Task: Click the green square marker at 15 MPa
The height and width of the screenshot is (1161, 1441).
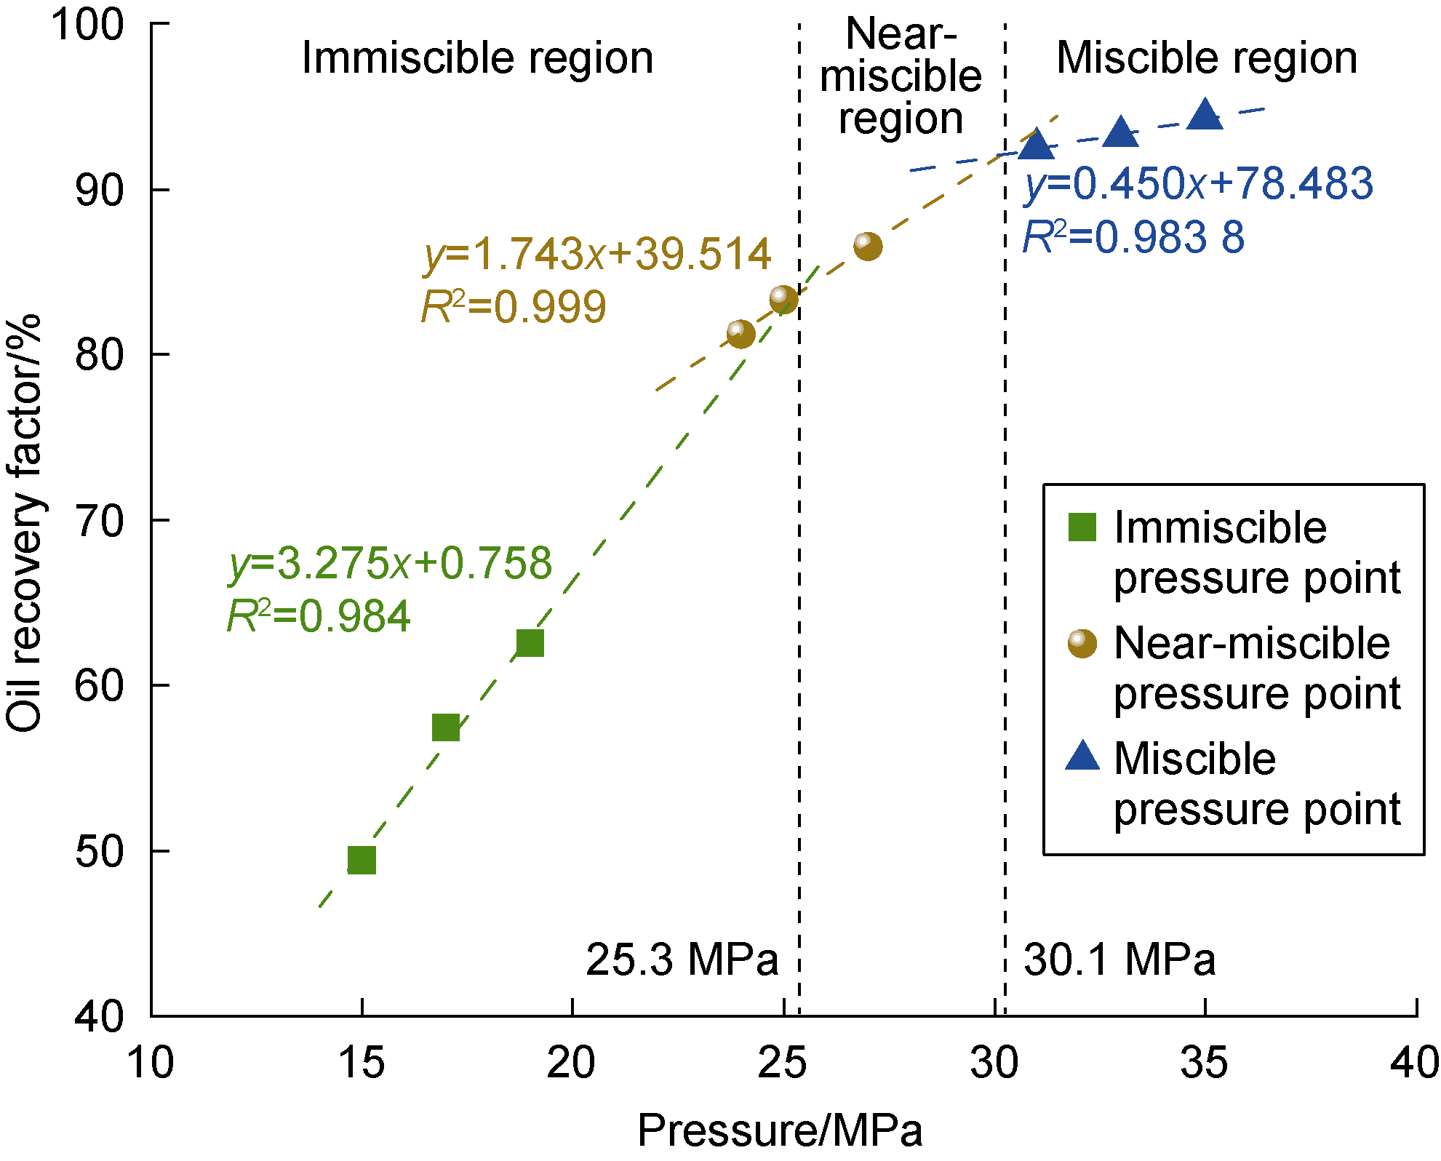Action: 362,860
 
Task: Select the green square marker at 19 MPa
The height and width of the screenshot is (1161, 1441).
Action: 530,643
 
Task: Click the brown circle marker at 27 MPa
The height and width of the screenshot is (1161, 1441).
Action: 867,246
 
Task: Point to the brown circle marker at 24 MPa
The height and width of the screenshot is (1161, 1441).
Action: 741,334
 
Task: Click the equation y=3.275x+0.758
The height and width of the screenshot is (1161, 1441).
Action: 391,564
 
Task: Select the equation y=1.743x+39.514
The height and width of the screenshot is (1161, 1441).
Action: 596,255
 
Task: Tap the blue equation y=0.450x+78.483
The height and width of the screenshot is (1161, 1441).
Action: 1199,183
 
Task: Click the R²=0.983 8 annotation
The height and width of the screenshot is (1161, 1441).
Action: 1133,237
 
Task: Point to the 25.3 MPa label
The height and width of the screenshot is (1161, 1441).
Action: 682,959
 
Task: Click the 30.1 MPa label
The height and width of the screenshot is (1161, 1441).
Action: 1119,959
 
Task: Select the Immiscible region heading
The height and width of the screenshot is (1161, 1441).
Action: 477,58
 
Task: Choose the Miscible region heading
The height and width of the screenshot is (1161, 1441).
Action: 1207,58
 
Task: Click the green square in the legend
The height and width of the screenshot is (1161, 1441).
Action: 1082,527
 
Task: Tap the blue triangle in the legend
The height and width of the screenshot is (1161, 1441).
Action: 1082,757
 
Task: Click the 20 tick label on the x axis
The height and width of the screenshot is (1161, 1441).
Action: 572,1063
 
